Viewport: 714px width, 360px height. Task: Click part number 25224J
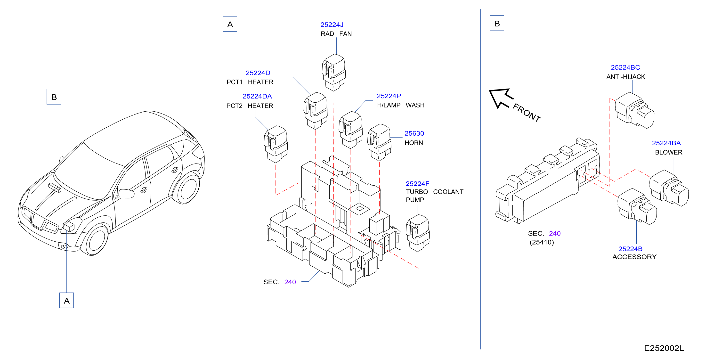point(332,25)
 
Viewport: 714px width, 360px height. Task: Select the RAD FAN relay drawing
point(334,72)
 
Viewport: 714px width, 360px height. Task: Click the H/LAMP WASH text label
point(400,105)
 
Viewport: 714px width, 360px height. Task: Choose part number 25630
point(414,133)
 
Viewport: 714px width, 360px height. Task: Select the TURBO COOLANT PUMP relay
point(418,233)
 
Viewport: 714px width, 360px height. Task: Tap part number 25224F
point(417,184)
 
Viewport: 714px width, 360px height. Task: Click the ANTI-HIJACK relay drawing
point(634,110)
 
